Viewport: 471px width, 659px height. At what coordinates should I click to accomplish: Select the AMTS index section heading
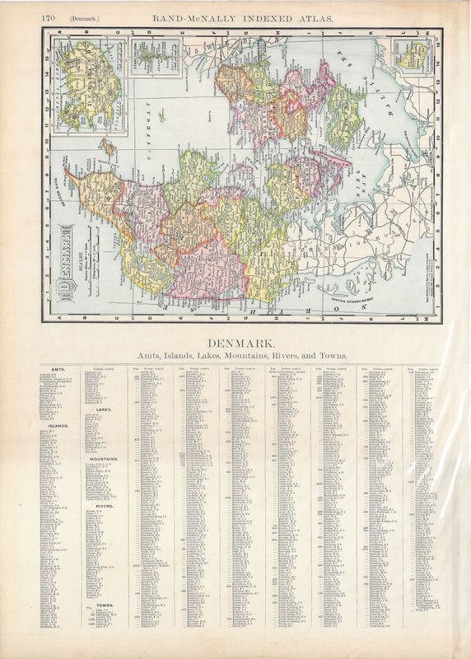point(59,369)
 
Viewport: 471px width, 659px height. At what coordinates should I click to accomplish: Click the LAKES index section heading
point(105,409)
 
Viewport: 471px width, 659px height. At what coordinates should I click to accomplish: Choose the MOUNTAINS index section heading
point(105,458)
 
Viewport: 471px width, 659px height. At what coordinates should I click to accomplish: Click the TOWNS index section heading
point(105,605)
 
